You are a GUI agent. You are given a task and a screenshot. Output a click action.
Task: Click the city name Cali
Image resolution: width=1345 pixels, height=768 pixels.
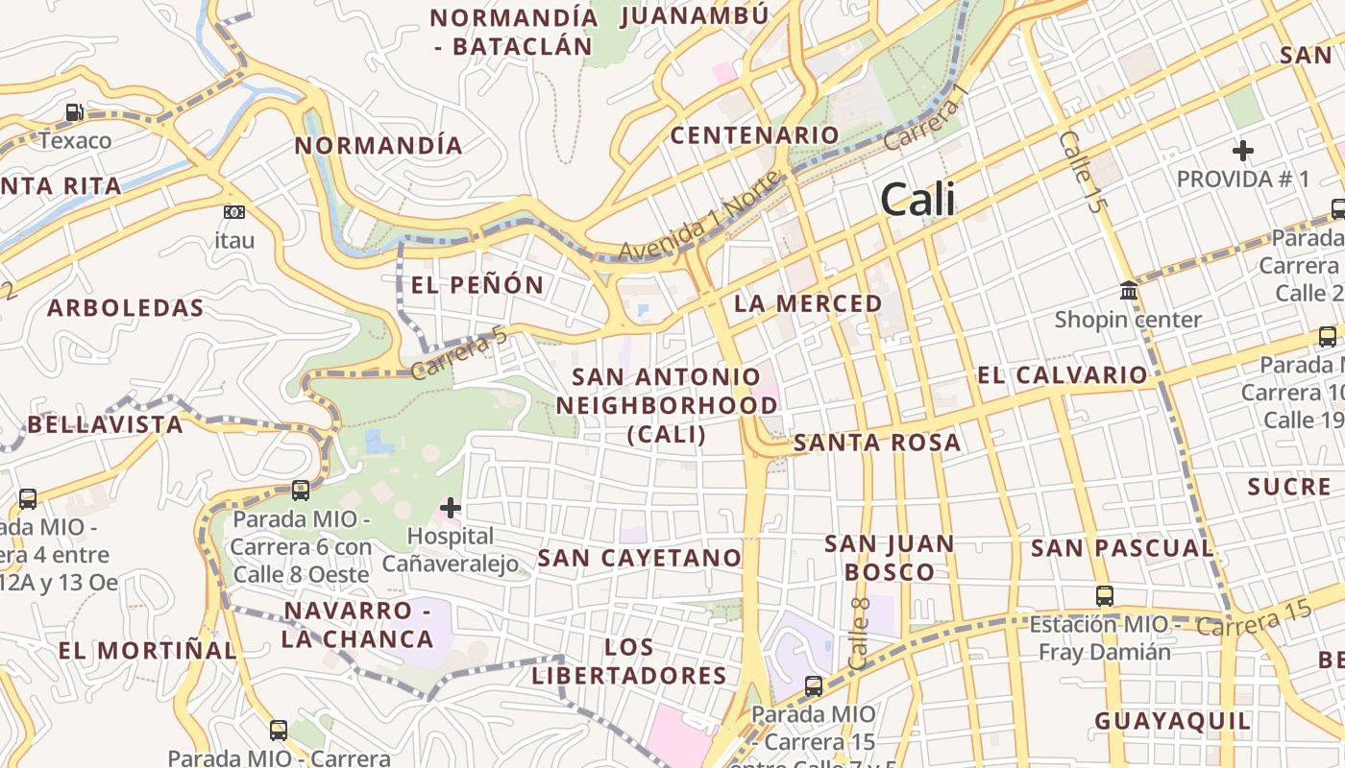(917, 199)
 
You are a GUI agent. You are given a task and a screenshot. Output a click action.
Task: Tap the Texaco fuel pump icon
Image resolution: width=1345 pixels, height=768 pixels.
(75, 113)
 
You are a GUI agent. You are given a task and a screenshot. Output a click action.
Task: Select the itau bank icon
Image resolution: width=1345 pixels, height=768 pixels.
(233, 212)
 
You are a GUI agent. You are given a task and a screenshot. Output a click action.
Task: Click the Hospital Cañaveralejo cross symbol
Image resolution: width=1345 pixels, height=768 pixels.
(450, 508)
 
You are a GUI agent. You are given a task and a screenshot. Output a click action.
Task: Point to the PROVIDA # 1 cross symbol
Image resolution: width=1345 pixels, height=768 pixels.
(1243, 151)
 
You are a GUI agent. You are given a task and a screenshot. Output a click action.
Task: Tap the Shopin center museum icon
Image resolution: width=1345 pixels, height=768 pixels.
(1129, 290)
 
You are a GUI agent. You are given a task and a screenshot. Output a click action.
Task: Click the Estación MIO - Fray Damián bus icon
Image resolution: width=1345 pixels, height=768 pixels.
(1105, 595)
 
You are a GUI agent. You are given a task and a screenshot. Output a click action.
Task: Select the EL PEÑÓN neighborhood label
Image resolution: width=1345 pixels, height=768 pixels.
(477, 285)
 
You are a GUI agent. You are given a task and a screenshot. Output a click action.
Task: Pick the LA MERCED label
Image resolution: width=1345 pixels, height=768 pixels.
(808, 303)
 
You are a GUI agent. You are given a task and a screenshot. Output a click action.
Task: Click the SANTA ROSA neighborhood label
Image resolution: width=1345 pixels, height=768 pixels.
(877, 443)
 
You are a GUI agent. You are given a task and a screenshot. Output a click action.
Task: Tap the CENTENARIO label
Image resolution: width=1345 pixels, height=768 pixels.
(754, 135)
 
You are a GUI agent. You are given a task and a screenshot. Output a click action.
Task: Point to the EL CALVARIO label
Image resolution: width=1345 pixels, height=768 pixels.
(1063, 374)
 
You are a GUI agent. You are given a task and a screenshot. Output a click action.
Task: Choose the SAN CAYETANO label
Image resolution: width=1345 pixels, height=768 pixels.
(640, 558)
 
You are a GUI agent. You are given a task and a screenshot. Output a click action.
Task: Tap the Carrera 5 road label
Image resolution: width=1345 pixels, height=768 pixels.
(458, 352)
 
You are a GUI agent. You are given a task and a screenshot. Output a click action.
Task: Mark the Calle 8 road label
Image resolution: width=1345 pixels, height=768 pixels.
(860, 634)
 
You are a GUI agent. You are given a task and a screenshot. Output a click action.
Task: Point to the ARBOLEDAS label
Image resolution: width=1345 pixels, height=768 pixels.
(126, 308)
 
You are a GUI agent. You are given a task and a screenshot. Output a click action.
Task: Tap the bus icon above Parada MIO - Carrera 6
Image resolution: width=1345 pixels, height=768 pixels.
(301, 491)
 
